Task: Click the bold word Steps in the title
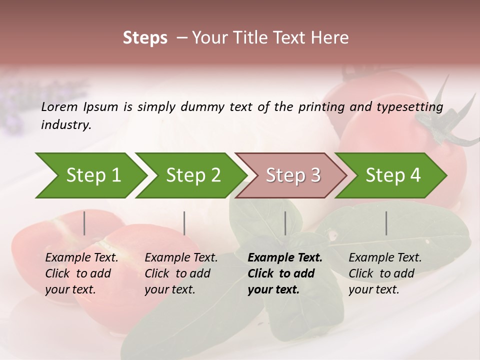pyautogui.click(x=145, y=38)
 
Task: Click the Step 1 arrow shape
pyautogui.click(x=93, y=175)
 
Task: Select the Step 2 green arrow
pyautogui.click(x=193, y=175)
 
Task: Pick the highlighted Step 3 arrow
pyautogui.click(x=293, y=175)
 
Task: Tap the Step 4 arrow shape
pyautogui.click(x=393, y=175)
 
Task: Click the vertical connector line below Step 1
pyautogui.click(x=84, y=223)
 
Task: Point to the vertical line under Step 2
pyautogui.click(x=184, y=223)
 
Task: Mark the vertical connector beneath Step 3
pyautogui.click(x=285, y=223)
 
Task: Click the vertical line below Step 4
pyautogui.click(x=386, y=223)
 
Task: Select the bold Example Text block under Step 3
pyautogui.click(x=285, y=273)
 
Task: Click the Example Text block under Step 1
pyautogui.click(x=81, y=273)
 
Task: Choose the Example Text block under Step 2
pyautogui.click(x=181, y=273)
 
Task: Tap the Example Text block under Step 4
pyautogui.click(x=385, y=273)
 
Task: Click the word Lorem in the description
pyautogui.click(x=59, y=106)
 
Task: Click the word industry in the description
pyautogui.click(x=66, y=125)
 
